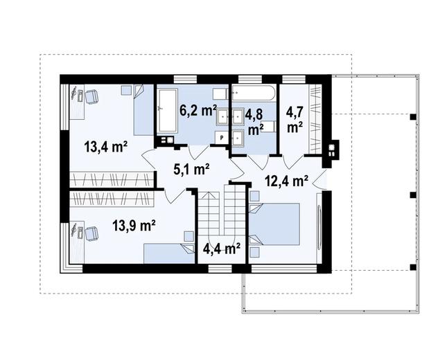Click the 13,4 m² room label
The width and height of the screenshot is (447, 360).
[106, 147]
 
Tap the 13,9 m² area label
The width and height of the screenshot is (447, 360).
[134, 226]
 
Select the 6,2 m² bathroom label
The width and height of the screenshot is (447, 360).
[198, 111]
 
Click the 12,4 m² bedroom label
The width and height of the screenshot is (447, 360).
[286, 181]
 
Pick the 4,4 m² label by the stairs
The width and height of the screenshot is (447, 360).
[222, 249]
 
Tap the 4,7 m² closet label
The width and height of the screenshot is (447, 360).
[295, 119]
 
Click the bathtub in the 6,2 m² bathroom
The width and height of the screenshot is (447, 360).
[168, 111]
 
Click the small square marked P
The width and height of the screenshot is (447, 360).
[222, 138]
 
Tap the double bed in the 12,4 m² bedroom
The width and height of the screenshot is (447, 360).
[274, 224]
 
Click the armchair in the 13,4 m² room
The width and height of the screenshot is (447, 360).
[91, 96]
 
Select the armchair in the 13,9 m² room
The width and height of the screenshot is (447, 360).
[91, 233]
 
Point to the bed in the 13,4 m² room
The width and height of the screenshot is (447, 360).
[143, 110]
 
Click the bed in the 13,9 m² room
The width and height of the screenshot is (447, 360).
[169, 253]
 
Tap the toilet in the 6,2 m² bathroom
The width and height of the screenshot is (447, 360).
[220, 93]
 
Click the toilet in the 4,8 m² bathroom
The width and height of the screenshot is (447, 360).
[268, 127]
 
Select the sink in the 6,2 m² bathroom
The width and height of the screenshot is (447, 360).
[222, 116]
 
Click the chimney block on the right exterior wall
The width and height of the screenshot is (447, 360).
[331, 150]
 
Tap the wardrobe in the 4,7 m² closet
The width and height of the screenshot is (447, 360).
[315, 119]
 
